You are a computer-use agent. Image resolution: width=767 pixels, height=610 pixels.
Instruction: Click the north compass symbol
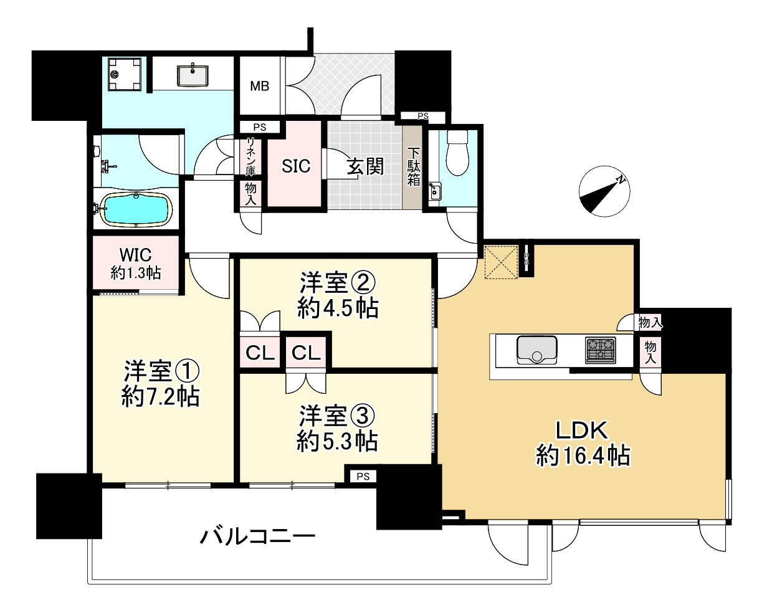point(603,192)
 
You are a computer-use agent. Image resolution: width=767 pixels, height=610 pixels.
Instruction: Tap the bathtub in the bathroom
point(136,209)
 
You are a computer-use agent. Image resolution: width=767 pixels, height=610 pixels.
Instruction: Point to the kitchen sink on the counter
point(536,349)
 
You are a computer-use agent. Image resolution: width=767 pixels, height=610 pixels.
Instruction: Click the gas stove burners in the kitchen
point(600,349)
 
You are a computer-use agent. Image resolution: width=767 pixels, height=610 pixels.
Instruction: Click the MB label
point(260,87)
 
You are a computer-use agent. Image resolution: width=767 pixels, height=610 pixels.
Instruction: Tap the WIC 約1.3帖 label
point(136,264)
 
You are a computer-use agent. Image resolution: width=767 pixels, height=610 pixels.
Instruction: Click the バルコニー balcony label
point(257,535)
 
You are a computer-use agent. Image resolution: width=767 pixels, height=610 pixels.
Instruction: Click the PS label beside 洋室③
point(363,477)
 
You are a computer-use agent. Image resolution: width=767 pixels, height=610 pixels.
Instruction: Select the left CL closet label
point(260,353)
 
